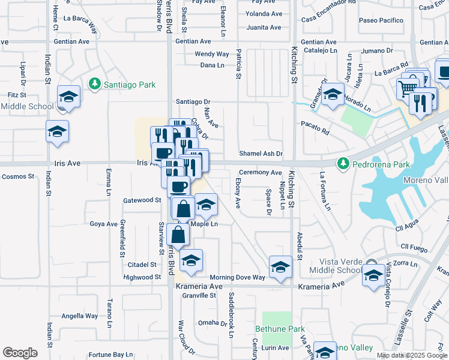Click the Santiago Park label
[x=130, y=85]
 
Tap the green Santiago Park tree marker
[x=94, y=84]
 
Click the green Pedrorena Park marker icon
[x=343, y=163]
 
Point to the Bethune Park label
[x=280, y=329]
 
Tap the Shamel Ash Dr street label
[x=261, y=154]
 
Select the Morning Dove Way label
[x=237, y=277]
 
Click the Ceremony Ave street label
[x=260, y=173]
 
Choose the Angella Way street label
[x=79, y=316]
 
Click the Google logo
[x=20, y=353]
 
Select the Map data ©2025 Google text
[x=411, y=355]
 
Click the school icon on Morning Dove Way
[x=280, y=268]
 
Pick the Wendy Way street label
[x=212, y=54]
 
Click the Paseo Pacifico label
[x=381, y=20]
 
